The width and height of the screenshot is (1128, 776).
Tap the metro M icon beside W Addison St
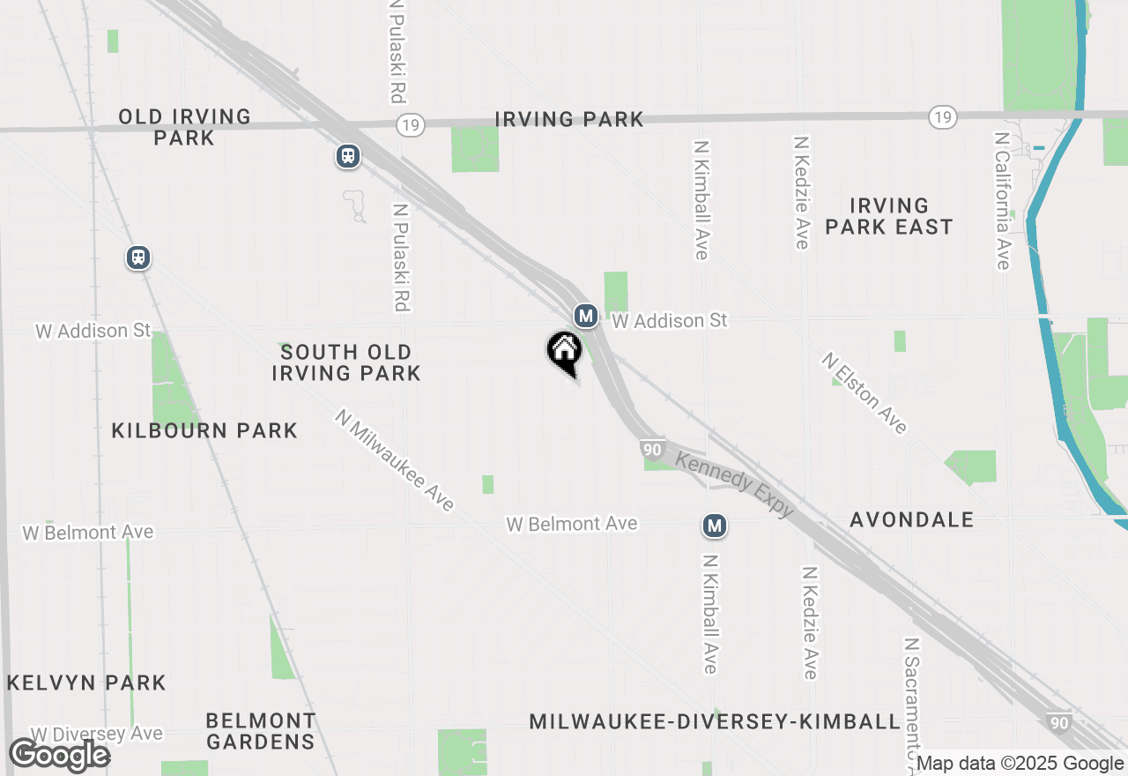pyautogui.click(x=585, y=315)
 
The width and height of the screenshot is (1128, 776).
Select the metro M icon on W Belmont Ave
pyautogui.click(x=714, y=526)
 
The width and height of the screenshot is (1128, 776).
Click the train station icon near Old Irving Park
pyautogui.click(x=348, y=156)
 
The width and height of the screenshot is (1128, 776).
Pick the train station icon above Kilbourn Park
pyautogui.click(x=137, y=257)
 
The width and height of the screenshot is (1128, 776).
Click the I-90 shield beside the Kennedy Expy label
pyautogui.click(x=652, y=449)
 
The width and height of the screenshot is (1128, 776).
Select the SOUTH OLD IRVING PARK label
pyautogui.click(x=346, y=362)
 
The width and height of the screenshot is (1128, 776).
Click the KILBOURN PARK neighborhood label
pyautogui.click(x=204, y=430)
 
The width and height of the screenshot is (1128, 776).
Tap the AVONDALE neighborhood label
pyautogui.click(x=912, y=519)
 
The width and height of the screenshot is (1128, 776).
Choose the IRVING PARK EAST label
pyautogui.click(x=888, y=216)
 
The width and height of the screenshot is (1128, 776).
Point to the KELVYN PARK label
pyautogui.click(x=86, y=683)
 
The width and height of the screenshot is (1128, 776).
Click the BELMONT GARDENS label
pyautogui.click(x=261, y=731)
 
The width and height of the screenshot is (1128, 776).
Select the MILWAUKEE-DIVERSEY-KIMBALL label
pyautogui.click(x=715, y=722)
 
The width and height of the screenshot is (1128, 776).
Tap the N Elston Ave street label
pyautogui.click(x=865, y=393)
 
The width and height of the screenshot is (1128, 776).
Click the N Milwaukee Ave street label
pyautogui.click(x=395, y=459)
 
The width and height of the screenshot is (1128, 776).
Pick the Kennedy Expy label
pyautogui.click(x=735, y=484)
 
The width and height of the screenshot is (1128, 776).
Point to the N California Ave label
pyautogui.click(x=1002, y=201)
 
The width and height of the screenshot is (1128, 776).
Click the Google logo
pyautogui.click(x=59, y=756)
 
